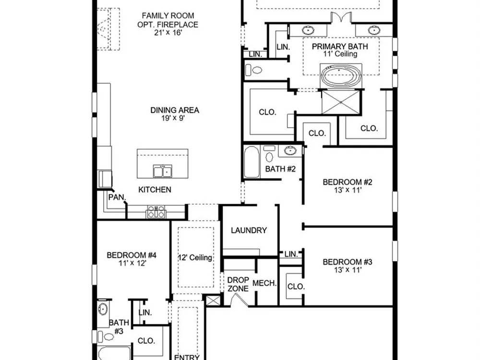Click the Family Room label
(168, 15)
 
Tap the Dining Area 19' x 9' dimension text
(174, 118)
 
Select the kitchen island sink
(163, 171)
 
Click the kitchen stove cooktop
(156, 212)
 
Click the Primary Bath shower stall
(341, 102)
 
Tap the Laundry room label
(249, 230)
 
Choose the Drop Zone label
(238, 284)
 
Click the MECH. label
(264, 283)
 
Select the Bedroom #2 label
(348, 182)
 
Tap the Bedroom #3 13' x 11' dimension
(348, 270)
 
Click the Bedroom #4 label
(132, 255)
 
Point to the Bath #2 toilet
(269, 154)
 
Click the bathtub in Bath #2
(252, 162)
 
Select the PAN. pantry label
(117, 197)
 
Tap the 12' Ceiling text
(195, 257)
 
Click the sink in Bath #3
(103, 309)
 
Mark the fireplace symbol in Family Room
(104, 29)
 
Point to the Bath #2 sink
(289, 150)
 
